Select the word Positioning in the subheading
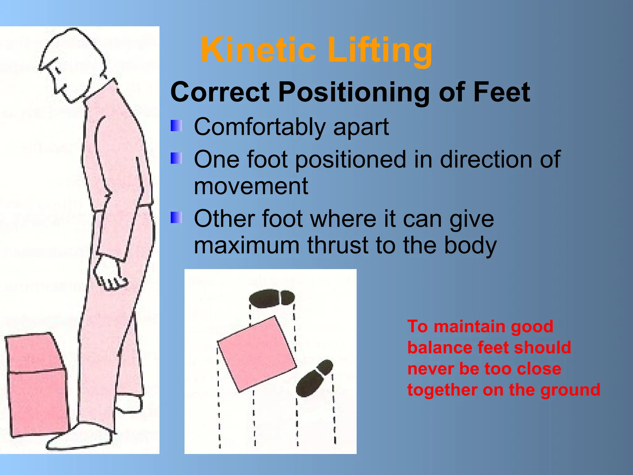pos(354,92)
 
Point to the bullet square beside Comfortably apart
pos(176,126)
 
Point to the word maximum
pos(247,245)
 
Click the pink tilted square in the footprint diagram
pos(257,354)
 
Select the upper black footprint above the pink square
pos(272,298)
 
